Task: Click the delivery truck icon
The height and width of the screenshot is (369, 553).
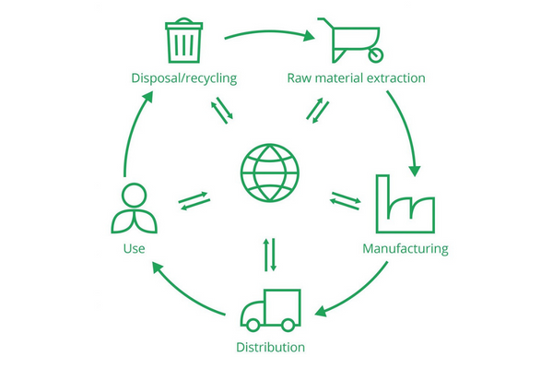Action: [x=269, y=313]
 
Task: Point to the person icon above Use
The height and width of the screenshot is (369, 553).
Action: [x=134, y=210]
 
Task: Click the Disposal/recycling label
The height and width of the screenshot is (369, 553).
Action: [x=184, y=77]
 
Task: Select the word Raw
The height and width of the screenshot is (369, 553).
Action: [x=301, y=77]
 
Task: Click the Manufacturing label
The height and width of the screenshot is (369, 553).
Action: [x=405, y=248]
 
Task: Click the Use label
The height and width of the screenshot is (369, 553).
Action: [x=133, y=248]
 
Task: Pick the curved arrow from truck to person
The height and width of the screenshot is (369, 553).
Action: [x=184, y=293]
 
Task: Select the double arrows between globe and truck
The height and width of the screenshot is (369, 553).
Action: [x=270, y=255]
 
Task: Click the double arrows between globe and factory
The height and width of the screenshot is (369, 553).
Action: [x=345, y=200]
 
